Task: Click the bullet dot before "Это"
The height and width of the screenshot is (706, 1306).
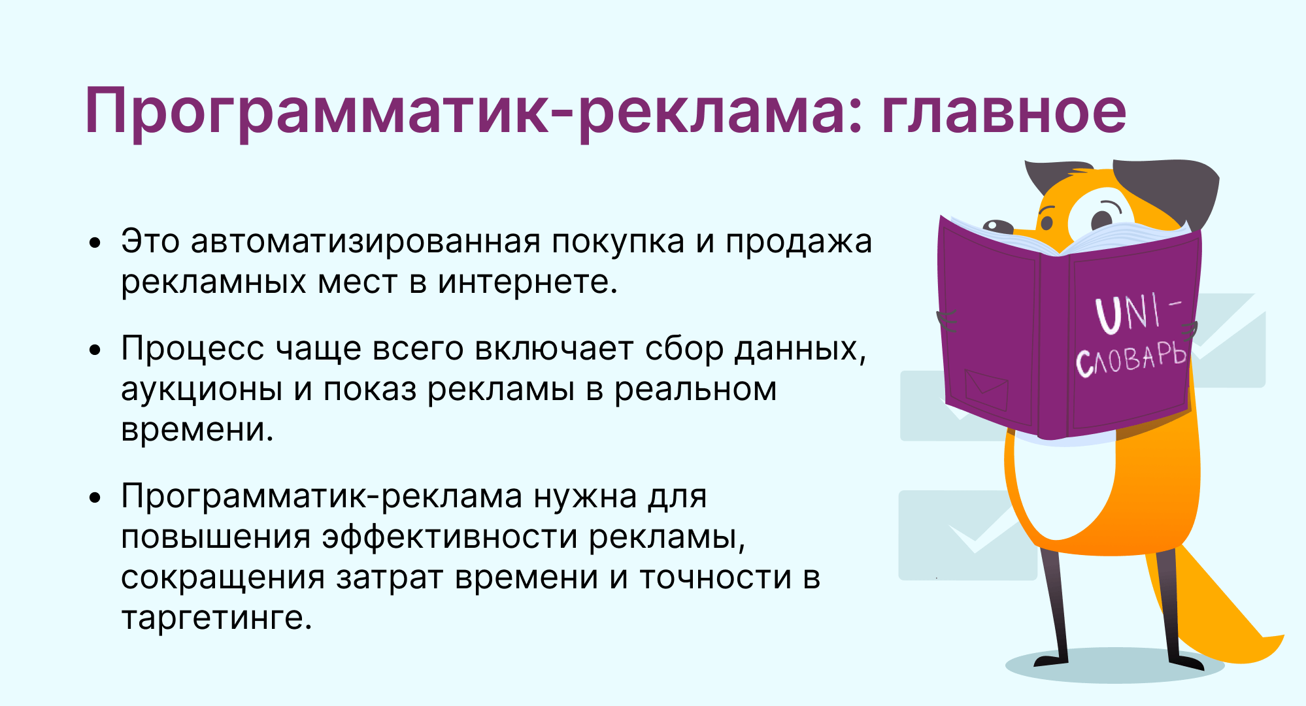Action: coord(96,243)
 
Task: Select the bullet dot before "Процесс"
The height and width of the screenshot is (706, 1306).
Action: coord(96,350)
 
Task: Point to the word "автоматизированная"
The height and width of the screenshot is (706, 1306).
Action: coord(366,241)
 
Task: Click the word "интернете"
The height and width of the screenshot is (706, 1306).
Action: coord(527,282)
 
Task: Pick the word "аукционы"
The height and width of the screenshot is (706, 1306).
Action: coord(202,390)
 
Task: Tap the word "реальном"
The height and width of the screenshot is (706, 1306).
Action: coord(695,390)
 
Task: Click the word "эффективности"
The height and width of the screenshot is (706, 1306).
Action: coord(450,537)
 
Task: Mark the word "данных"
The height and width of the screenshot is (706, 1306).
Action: coord(801,350)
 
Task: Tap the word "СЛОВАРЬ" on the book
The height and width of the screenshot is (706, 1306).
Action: coord(1131,359)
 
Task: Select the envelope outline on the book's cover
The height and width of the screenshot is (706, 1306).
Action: coord(986,389)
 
